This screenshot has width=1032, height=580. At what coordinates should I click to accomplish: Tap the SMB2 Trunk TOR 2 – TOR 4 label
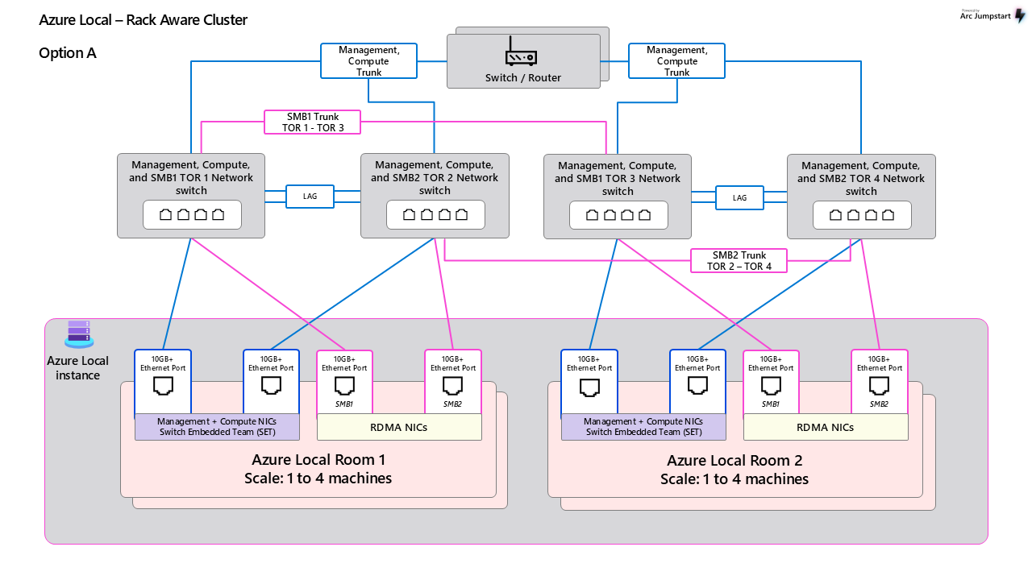coord(739,261)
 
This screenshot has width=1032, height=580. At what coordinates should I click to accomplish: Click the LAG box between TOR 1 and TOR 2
coord(310,197)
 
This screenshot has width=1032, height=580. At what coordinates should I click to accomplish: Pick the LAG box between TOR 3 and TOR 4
coord(739,197)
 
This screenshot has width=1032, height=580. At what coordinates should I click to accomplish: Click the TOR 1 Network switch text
coord(191,178)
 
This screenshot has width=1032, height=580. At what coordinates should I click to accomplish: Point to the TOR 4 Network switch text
coord(861,178)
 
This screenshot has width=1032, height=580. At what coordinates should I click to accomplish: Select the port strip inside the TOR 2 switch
coord(435,215)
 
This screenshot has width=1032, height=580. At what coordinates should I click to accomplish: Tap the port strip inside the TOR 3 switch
coord(618,215)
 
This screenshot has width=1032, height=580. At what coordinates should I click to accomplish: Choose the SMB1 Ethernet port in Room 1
coord(344,386)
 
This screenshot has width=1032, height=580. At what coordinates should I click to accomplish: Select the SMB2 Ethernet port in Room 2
coord(880,386)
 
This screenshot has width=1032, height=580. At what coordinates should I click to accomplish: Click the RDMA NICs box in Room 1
coord(399,427)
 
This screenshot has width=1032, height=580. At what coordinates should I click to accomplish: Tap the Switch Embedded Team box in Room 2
coord(643,427)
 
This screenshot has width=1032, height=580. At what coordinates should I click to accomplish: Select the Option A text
coord(68,53)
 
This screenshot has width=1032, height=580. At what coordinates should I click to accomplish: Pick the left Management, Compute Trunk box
coord(368,61)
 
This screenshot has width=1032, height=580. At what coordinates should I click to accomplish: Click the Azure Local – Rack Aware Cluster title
coord(143,20)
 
